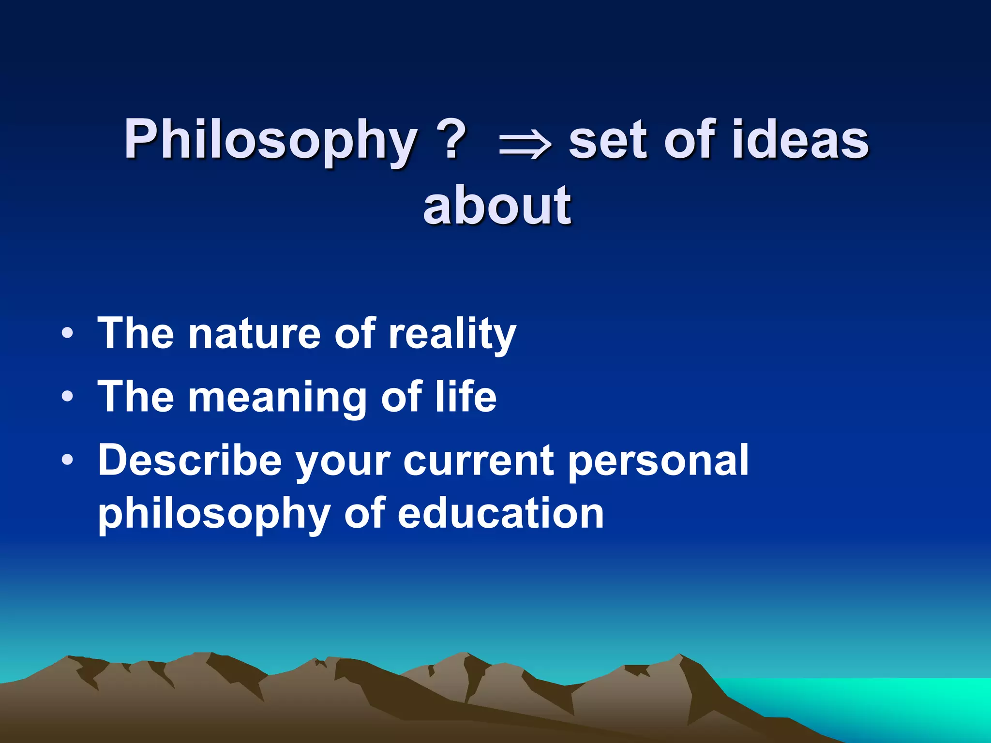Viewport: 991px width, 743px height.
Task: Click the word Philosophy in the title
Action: [x=270, y=141]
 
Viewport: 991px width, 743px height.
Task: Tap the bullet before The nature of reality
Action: [x=68, y=333]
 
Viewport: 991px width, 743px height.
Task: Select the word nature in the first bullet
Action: [x=255, y=333]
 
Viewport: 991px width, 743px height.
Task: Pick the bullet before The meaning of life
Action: [x=68, y=397]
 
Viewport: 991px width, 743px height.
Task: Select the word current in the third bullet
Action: [x=479, y=461]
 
